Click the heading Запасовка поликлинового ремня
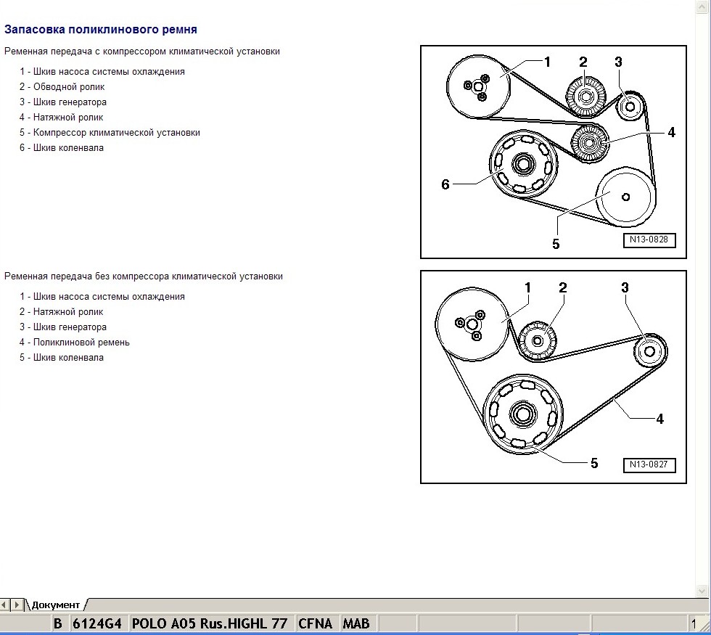[x=101, y=30]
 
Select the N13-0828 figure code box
[x=649, y=239]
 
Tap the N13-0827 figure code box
[x=649, y=464]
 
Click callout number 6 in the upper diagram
[x=445, y=184]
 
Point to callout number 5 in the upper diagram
[x=556, y=244]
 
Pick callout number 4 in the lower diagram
[x=659, y=419]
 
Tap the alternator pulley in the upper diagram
[x=629, y=107]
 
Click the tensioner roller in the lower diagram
[x=538, y=340]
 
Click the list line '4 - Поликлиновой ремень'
[x=75, y=342]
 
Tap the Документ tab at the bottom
[x=56, y=605]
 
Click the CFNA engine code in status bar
[x=315, y=623]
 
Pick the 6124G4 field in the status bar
[x=96, y=623]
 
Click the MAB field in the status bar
[x=355, y=623]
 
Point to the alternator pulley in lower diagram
[x=649, y=351]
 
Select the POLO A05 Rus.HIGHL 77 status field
[x=210, y=623]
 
